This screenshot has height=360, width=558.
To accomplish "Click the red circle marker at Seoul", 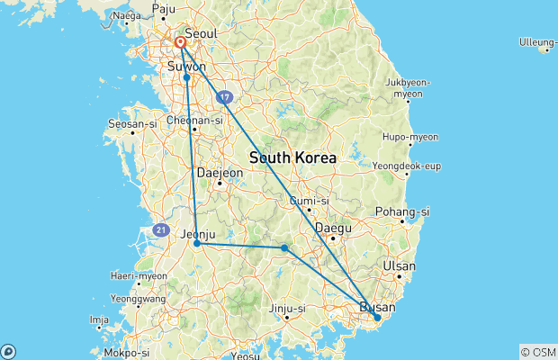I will (180, 42).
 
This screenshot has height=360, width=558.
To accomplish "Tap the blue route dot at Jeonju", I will (197, 243).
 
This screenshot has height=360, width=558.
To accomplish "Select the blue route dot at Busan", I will (378, 317).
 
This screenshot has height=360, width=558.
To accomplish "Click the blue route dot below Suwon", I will (186, 77).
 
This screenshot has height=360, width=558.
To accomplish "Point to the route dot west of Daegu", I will (284, 247).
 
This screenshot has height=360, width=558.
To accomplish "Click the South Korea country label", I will (292, 157).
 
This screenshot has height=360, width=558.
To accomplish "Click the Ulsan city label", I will (400, 266).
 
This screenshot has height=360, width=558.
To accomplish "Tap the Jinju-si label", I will (288, 310).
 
